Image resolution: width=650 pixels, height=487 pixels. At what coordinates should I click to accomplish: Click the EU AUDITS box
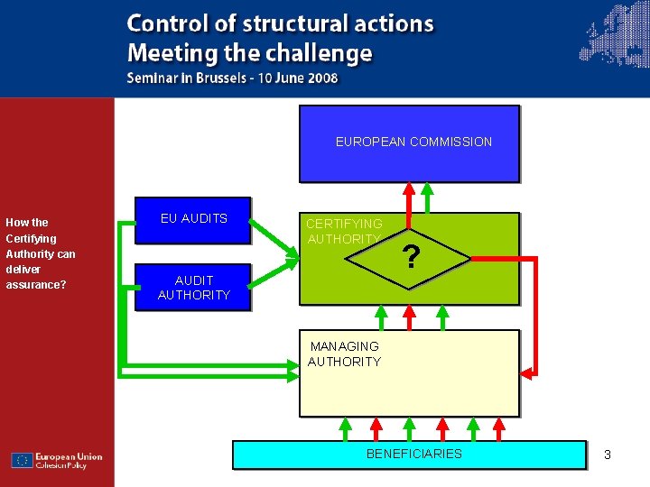click(x=192, y=219)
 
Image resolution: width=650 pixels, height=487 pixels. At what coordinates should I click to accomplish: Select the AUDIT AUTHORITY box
click(x=192, y=288)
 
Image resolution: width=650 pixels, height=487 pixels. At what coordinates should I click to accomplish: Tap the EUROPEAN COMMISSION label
click(x=413, y=142)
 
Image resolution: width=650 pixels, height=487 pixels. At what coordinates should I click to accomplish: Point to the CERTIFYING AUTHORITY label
click(x=344, y=231)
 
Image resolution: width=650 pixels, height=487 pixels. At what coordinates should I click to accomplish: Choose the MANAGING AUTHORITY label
click(x=344, y=354)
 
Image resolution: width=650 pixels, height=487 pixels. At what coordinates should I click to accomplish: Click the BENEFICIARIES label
click(x=413, y=454)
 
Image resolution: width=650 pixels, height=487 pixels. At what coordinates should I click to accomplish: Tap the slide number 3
click(x=608, y=455)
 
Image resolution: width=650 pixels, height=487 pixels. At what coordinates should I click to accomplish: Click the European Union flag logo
click(x=22, y=460)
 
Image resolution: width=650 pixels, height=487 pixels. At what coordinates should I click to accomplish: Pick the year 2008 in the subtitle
click(x=320, y=78)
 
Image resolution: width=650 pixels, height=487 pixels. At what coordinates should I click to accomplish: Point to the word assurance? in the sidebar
click(x=36, y=285)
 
